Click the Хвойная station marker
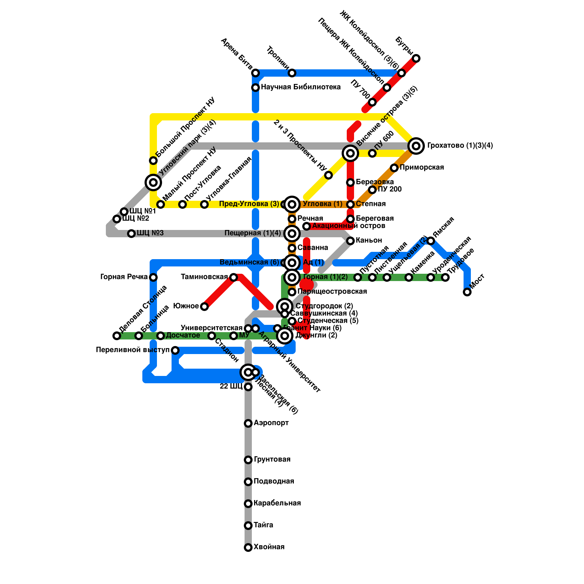pos(248,547)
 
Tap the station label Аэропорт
pos(271,423)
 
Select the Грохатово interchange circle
pos(416,146)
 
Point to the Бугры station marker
pos(416,58)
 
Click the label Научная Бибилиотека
pos(301,87)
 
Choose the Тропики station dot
pos(292,73)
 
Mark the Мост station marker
pos(467,292)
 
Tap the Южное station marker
pos(204,307)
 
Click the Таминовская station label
pos(204,277)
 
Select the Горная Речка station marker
pos(153,277)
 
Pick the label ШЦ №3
pos(150,233)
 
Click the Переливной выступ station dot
pos(175,350)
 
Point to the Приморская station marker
pos(394,168)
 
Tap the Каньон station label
pos(369,241)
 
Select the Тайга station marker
pos(248,526)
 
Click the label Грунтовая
pos(272,460)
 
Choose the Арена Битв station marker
pos(255,73)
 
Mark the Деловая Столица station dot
pos(117,336)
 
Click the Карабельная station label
pos(277,503)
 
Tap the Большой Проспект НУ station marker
pos(153,161)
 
